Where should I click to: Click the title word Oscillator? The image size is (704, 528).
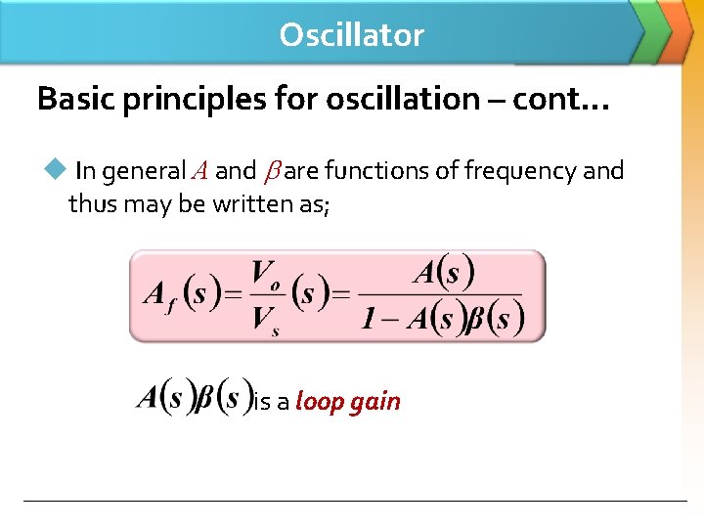click(x=351, y=35)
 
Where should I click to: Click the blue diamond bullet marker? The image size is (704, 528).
click(x=53, y=170)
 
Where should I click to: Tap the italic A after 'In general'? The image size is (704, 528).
click(x=198, y=172)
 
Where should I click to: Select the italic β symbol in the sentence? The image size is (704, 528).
click(x=270, y=172)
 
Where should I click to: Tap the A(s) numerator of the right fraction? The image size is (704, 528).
click(x=443, y=272)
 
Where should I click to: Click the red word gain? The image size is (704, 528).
click(x=375, y=401)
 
